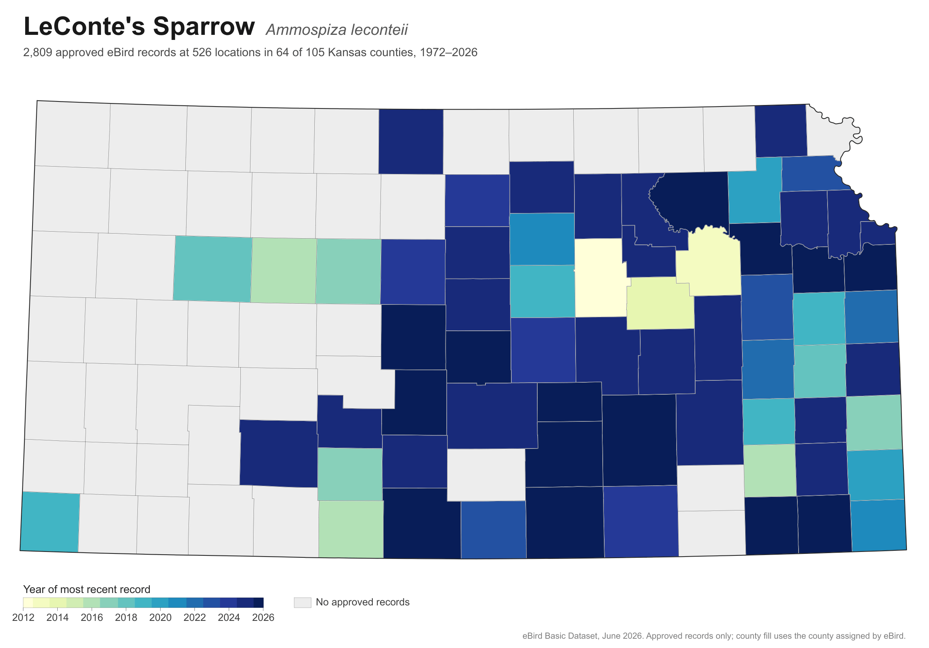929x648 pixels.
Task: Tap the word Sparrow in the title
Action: pyautogui.click(x=204, y=26)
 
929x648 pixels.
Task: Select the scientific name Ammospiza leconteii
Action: pyautogui.click(x=337, y=30)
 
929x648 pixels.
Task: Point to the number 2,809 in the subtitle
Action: pyautogui.click(x=38, y=53)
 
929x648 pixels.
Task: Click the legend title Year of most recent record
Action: pyautogui.click(x=87, y=589)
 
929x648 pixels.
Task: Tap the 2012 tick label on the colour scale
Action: pyautogui.click(x=24, y=618)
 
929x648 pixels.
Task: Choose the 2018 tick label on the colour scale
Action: pyautogui.click(x=126, y=618)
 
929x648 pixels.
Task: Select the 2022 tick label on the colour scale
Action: pyautogui.click(x=195, y=618)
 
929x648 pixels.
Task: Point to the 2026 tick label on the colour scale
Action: pyautogui.click(x=263, y=618)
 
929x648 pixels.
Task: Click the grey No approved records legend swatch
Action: pyautogui.click(x=303, y=602)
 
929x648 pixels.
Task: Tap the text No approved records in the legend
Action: pyautogui.click(x=363, y=602)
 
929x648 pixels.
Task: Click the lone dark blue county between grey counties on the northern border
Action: pyautogui.click(x=411, y=142)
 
